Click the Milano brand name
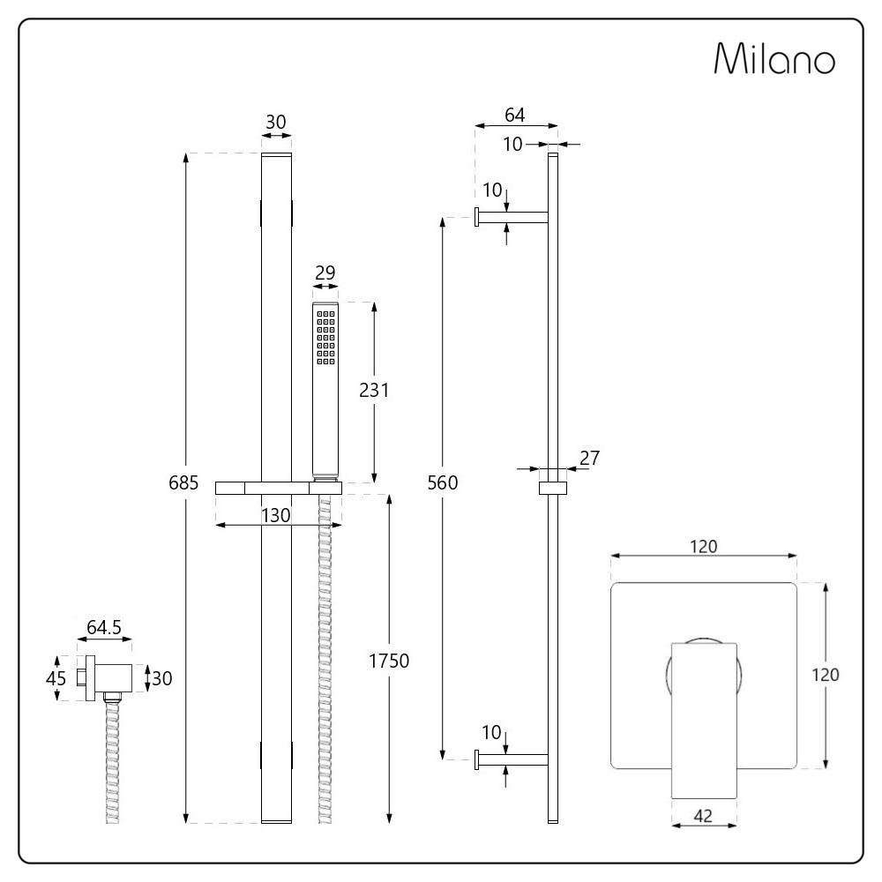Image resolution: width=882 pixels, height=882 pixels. [774, 58]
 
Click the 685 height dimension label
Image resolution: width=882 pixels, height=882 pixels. [183, 482]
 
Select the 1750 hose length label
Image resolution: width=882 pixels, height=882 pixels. [389, 661]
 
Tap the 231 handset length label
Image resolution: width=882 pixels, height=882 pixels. [374, 390]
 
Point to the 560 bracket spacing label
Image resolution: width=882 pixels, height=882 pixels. [443, 482]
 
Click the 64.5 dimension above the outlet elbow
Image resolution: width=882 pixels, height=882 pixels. [104, 627]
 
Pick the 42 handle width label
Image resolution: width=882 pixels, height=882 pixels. [703, 816]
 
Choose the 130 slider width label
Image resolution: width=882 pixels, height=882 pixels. [275, 515]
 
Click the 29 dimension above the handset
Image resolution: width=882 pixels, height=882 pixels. [325, 273]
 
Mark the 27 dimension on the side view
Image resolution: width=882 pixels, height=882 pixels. [589, 458]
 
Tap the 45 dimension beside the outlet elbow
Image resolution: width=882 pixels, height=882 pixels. [56, 678]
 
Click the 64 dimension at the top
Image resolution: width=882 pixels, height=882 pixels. [515, 115]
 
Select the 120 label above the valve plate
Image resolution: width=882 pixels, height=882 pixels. [704, 546]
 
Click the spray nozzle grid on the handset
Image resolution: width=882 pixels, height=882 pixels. [325, 338]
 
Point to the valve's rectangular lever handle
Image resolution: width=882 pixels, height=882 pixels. [705, 720]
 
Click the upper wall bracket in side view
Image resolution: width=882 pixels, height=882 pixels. [512, 217]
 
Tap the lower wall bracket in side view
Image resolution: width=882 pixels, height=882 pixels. [512, 760]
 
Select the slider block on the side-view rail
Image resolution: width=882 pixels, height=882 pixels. [553, 489]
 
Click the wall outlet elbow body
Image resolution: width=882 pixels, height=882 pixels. [109, 678]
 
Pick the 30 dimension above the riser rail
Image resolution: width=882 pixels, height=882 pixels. [275, 122]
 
